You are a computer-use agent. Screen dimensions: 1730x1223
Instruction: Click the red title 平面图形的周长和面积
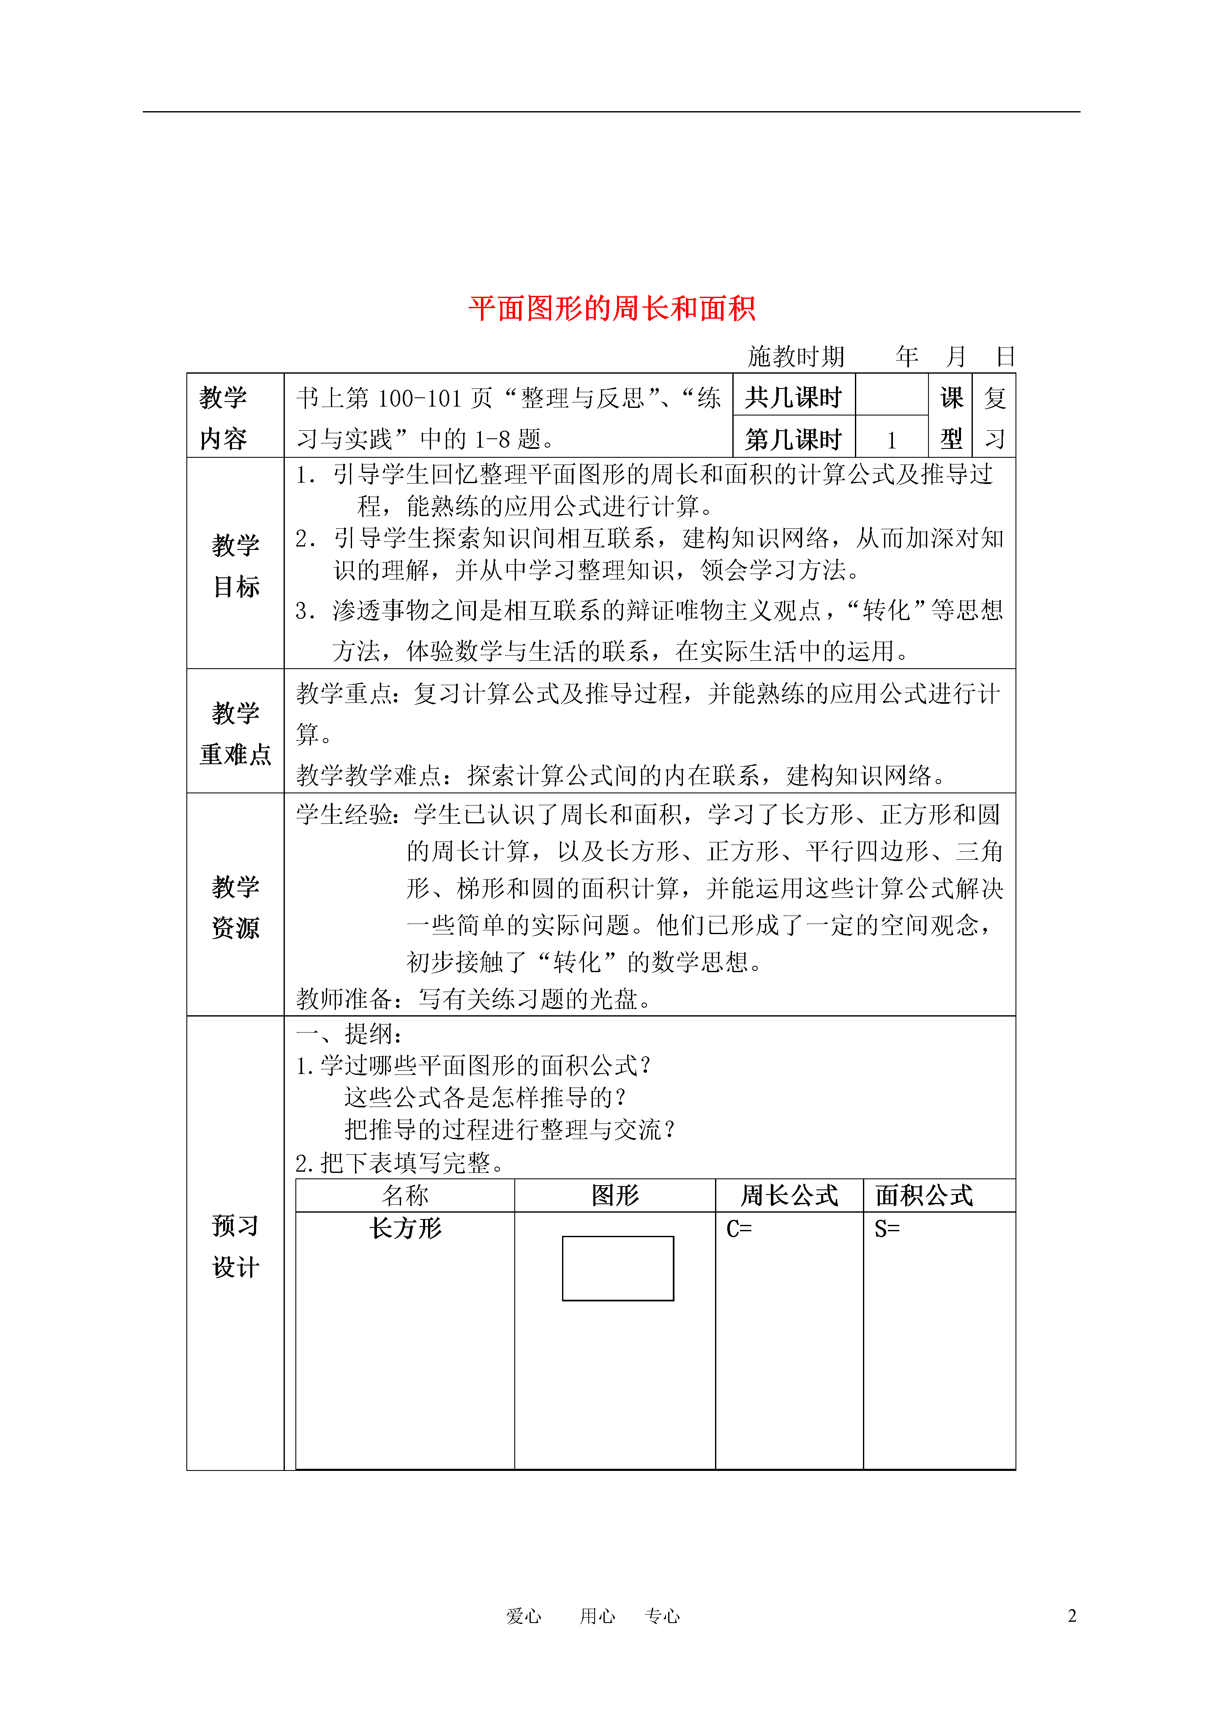[x=611, y=309]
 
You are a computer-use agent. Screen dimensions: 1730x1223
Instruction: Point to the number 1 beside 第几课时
[x=891, y=440]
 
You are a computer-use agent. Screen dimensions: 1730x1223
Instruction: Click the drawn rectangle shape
[x=618, y=1268]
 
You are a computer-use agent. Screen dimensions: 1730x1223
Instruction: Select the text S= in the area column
[x=887, y=1230]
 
